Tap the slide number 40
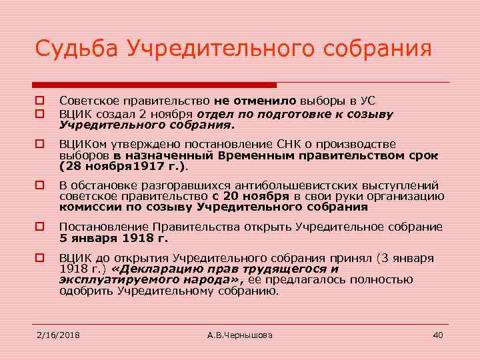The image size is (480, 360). [438, 335]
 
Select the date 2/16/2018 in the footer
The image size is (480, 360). [58, 335]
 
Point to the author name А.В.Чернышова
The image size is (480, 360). [240, 335]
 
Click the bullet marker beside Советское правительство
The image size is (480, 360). [39, 101]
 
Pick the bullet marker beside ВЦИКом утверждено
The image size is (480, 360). [39, 143]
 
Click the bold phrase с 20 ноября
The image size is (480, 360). [251, 196]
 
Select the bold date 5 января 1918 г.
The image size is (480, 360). [113, 237]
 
